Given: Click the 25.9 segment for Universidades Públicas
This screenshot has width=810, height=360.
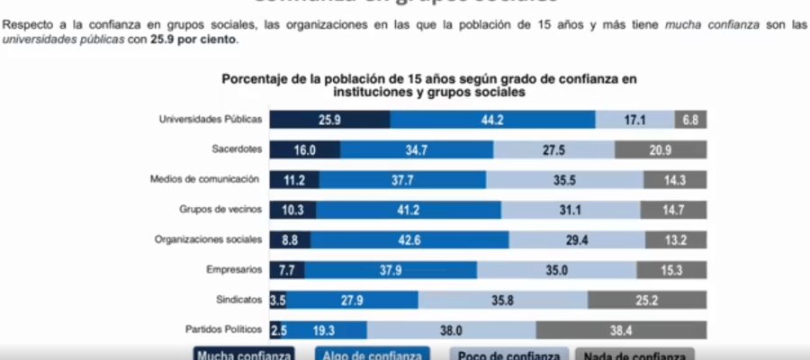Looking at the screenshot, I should (329, 120).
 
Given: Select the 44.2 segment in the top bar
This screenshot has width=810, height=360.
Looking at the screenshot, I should (492, 120).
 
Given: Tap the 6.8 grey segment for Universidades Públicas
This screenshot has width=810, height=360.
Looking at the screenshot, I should (690, 120).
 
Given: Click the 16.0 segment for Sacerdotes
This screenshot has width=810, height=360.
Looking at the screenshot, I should (304, 150).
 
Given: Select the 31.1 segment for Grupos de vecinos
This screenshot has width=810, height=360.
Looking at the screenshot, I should (571, 210).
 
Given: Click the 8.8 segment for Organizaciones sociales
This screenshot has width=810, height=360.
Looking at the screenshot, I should (290, 240).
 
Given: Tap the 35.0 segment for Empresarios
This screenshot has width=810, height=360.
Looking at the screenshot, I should (556, 270).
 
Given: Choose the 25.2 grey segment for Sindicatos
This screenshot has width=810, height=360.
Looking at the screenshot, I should (647, 300).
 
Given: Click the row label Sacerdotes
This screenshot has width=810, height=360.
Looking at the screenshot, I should (237, 149).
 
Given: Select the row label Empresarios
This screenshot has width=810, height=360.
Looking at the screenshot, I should (234, 269).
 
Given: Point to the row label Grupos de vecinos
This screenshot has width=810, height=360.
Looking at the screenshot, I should (220, 209).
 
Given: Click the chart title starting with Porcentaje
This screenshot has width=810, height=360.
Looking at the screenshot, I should (429, 85).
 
